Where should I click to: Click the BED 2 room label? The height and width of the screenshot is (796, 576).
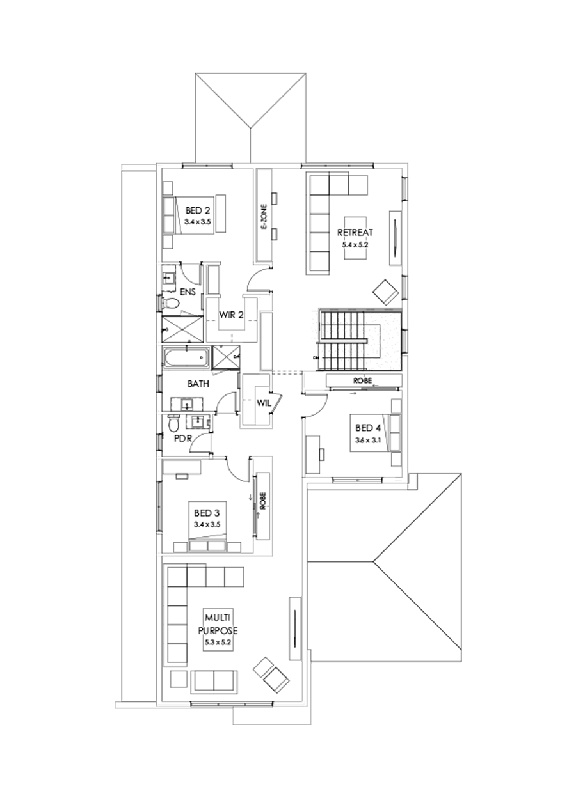198,210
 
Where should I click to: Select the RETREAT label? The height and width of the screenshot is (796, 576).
355,233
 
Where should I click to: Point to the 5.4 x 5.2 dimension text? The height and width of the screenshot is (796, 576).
355,244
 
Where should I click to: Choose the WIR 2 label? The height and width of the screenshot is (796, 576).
231,315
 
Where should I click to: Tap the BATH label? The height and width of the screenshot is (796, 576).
197,384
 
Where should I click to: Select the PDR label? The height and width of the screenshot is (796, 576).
183,439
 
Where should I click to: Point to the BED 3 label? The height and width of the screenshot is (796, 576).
207,513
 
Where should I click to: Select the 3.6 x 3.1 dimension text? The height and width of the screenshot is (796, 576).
367,441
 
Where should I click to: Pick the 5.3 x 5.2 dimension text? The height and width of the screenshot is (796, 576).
216,641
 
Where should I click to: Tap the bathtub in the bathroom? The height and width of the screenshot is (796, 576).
186,357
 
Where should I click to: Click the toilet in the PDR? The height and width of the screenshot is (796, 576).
173,423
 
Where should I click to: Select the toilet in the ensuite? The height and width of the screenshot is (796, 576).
170,302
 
